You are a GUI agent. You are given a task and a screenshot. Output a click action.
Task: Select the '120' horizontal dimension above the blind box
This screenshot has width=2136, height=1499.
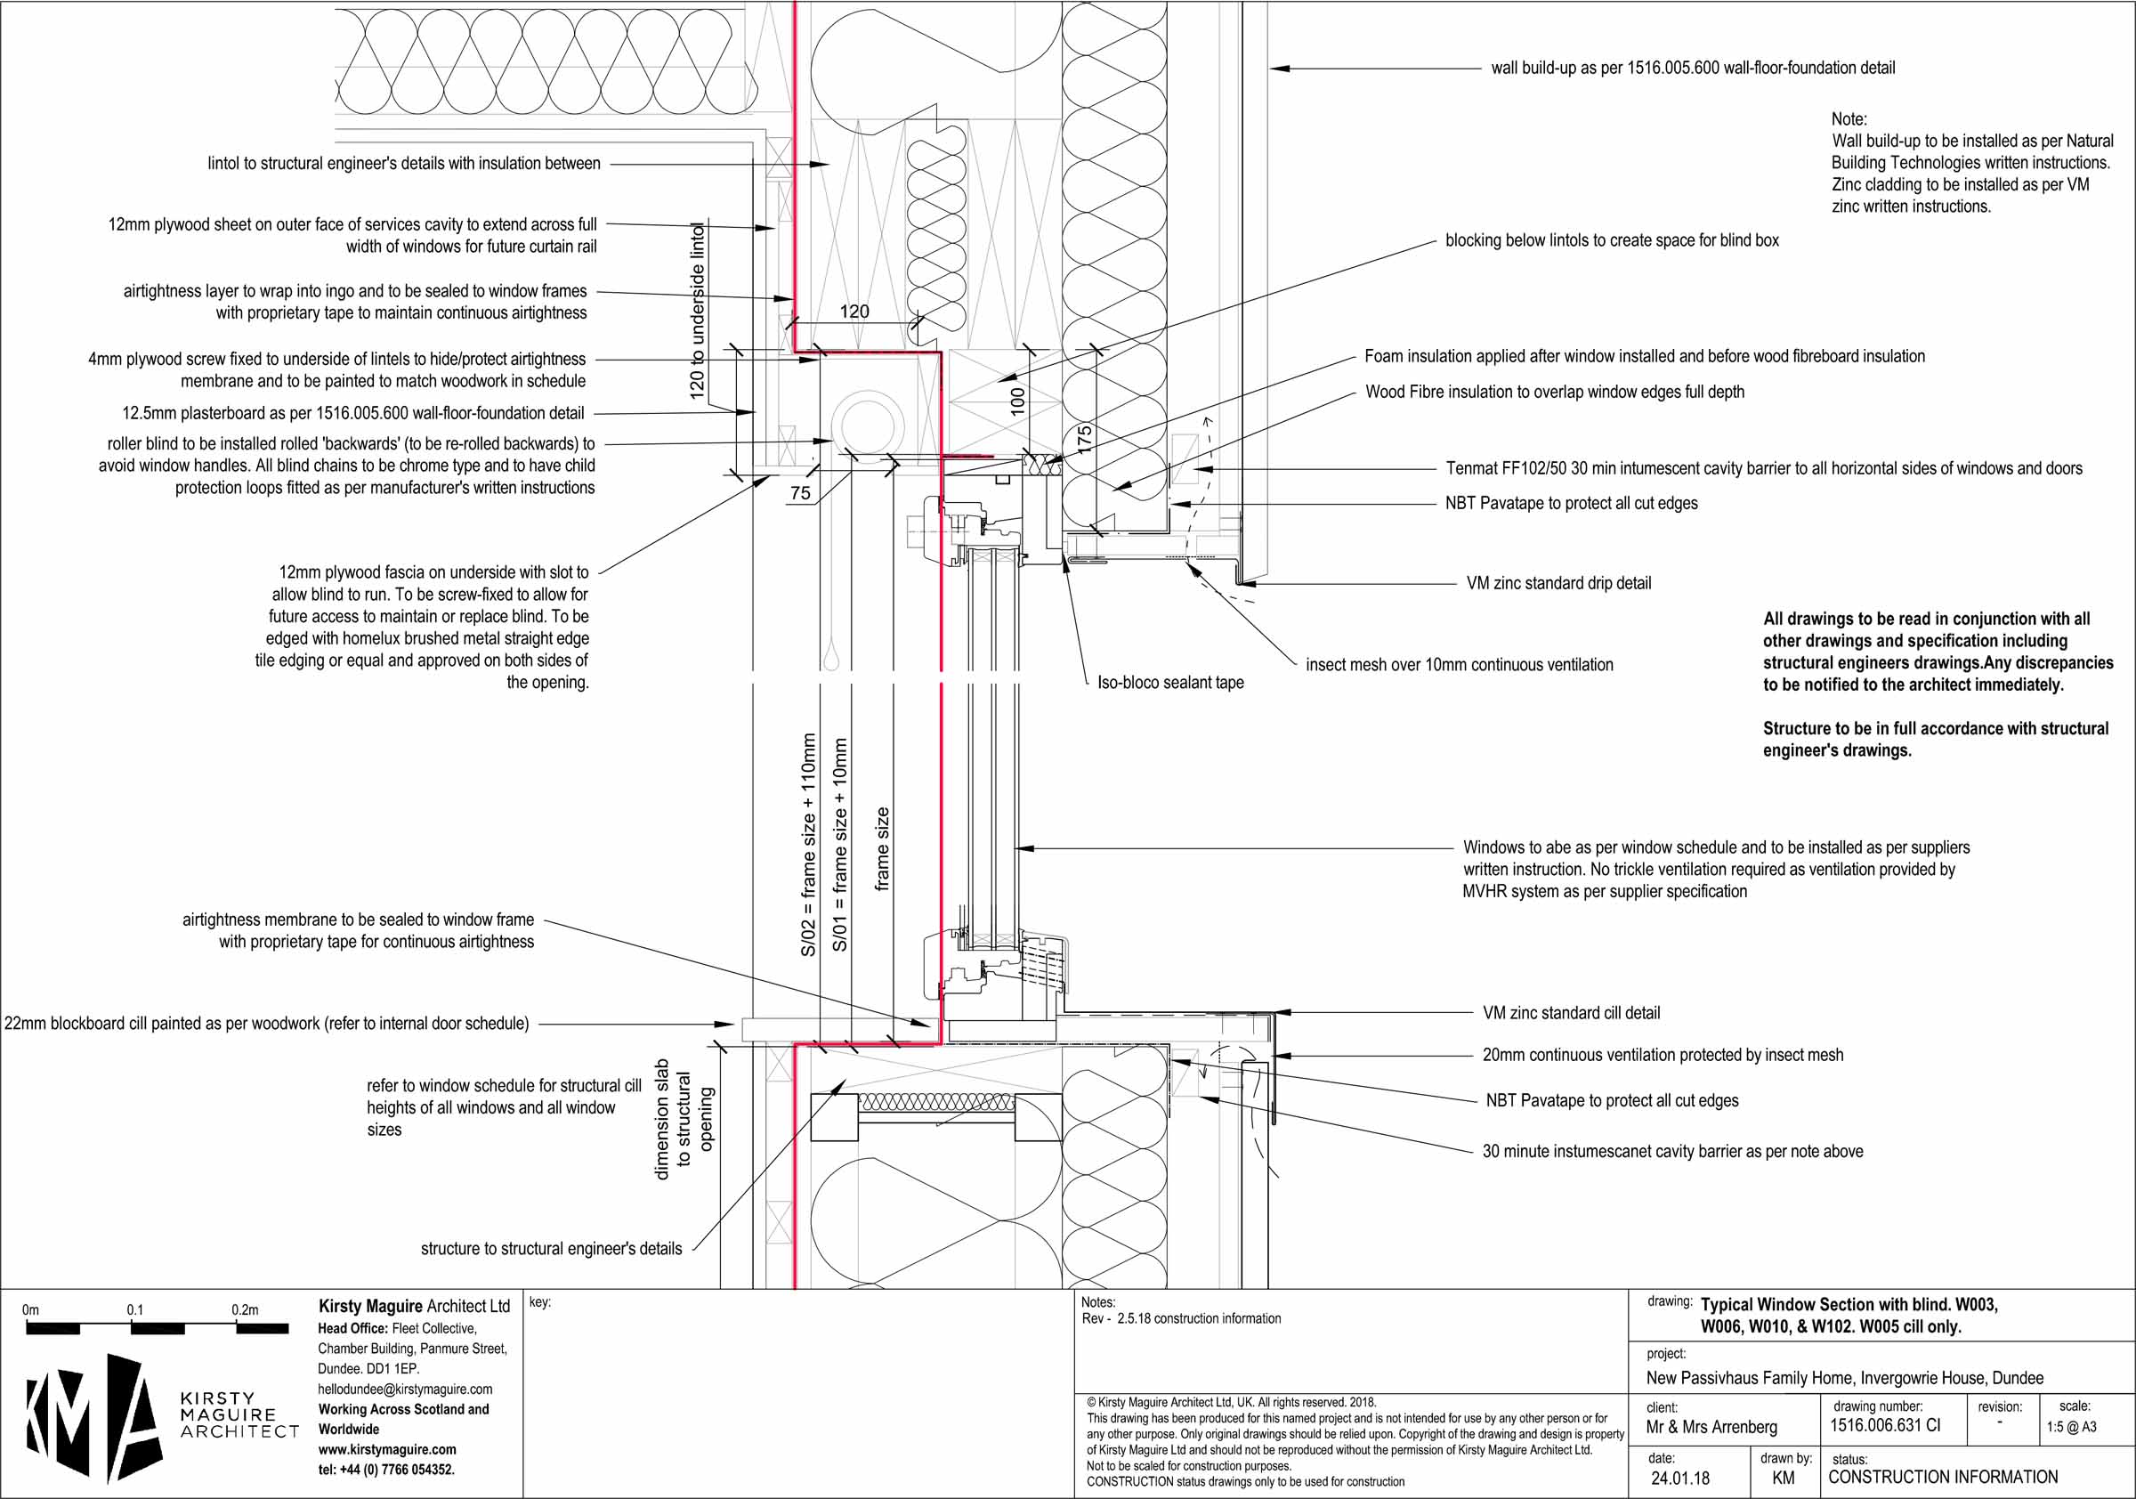[x=854, y=312]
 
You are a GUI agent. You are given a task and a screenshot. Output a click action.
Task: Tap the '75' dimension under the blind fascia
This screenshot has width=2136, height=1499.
[x=800, y=493]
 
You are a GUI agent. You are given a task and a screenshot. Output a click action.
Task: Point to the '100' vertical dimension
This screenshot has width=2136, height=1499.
[x=1018, y=400]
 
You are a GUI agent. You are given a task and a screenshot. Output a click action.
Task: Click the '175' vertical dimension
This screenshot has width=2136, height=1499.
[x=1084, y=437]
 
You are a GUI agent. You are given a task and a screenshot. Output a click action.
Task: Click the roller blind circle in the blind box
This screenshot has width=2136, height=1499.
[x=867, y=424]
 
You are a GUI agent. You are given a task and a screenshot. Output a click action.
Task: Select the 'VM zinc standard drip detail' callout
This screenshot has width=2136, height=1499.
[x=1558, y=583]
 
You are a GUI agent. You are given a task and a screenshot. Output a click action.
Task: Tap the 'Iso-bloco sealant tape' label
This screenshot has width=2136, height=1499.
[x=1169, y=682]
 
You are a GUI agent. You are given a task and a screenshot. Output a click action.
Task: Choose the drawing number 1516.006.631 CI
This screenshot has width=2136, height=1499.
[x=1885, y=1425]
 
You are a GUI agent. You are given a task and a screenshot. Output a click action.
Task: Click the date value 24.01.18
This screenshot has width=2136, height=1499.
[x=1680, y=1478]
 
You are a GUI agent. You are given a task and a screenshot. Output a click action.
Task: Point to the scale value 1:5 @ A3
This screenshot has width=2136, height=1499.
[x=2071, y=1426]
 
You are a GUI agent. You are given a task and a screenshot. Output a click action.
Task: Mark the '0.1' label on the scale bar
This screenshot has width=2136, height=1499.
[x=135, y=1309]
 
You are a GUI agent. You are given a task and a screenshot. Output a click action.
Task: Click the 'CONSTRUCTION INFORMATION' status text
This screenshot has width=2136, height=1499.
[x=1943, y=1477]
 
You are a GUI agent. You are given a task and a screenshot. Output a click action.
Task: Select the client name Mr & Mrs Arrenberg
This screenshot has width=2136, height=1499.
[x=1711, y=1426]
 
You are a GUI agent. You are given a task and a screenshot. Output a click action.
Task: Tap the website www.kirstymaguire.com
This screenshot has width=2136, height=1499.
[x=387, y=1450]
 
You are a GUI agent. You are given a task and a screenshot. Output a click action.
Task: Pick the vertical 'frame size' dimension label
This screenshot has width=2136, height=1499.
[x=882, y=848]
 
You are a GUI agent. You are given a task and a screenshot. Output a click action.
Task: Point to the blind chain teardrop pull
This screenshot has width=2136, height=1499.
[x=830, y=659]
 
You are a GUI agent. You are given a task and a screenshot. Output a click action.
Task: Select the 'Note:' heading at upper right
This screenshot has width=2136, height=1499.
[x=1849, y=119]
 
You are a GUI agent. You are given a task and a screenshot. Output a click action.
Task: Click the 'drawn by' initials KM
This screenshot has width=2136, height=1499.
[x=1783, y=1478]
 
